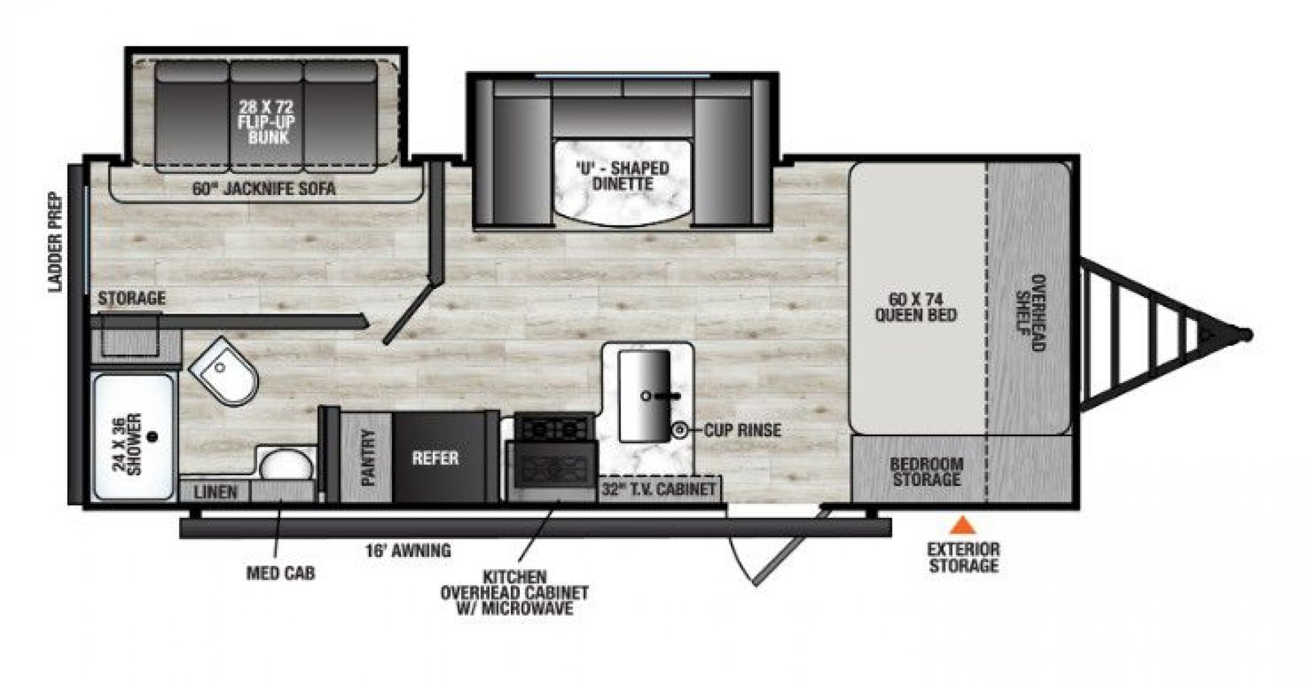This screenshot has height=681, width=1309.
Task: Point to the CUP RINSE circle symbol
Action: tap(679, 430)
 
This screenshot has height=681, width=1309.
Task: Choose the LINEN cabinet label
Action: tap(215, 491)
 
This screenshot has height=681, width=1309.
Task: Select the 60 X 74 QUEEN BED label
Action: tap(926, 307)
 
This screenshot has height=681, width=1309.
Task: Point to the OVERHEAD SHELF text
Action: tap(1029, 313)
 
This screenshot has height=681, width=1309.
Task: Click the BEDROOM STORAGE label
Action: tap(927, 472)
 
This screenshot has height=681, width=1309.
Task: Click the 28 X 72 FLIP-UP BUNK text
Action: tap(267, 122)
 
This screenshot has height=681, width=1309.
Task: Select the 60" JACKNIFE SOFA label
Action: tap(264, 189)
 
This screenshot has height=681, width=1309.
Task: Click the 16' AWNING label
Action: tap(408, 549)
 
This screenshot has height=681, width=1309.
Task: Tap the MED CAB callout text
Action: tap(280, 573)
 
